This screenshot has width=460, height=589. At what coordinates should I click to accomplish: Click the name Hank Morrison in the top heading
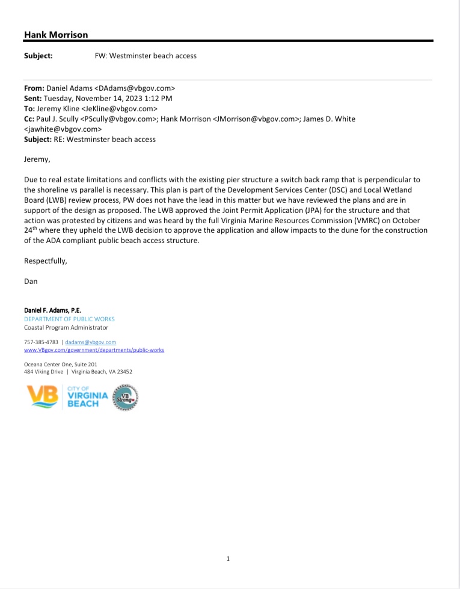tap(55, 35)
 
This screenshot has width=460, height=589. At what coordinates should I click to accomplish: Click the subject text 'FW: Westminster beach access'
tap(146, 56)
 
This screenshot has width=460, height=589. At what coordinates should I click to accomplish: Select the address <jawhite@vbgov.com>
tap(63, 129)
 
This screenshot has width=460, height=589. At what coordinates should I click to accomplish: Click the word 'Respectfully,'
tap(45, 261)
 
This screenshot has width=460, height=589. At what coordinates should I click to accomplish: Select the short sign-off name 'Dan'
tap(31, 281)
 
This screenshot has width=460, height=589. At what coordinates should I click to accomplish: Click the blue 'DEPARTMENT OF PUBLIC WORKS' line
tap(69, 319)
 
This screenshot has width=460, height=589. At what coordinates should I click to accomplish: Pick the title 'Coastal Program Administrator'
tap(66, 328)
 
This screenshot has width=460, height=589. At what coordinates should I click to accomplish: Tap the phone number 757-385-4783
tap(41, 342)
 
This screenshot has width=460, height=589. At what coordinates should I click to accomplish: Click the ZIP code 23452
tap(124, 372)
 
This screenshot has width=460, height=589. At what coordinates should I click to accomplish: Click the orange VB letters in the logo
tap(42, 396)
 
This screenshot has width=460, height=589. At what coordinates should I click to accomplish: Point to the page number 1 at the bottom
tap(228, 559)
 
